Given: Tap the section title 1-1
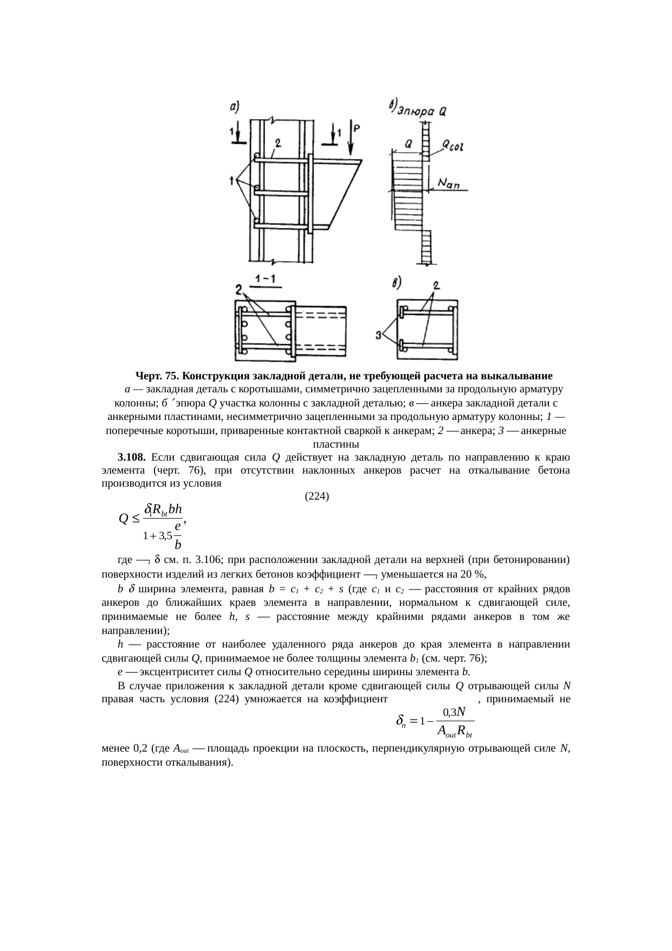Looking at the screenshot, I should coord(265,279).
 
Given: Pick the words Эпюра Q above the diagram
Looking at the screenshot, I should coord(422,112).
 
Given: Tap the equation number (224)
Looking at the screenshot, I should coord(317,495).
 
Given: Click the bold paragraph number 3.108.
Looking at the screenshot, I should coord(131,457).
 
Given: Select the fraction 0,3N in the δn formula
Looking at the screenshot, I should coord(454,710).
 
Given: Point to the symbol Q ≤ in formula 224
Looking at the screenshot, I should coord(129,519).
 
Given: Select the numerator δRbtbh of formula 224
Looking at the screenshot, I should coord(163,509).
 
